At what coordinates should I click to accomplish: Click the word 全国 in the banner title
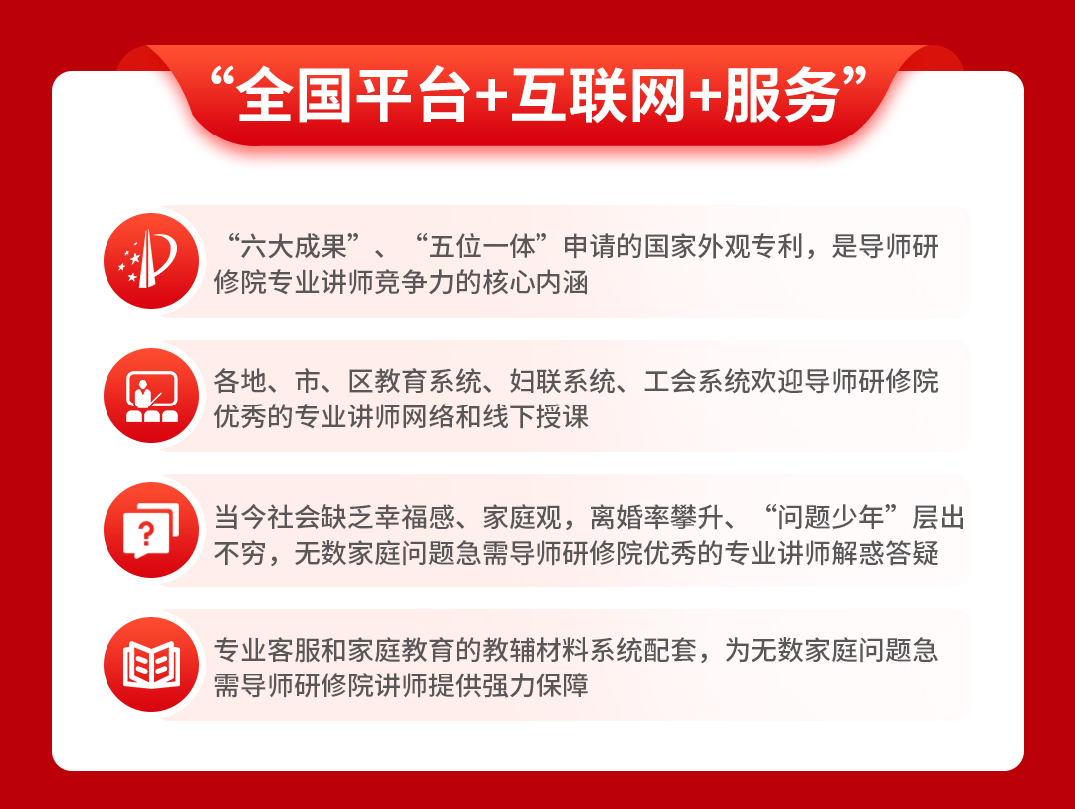293,96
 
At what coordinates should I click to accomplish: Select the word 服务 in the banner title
781,96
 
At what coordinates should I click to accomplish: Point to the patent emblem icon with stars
151,261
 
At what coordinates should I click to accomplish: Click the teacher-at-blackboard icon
151,396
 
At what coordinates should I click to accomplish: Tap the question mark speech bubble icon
151,530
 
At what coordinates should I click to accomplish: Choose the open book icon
151,665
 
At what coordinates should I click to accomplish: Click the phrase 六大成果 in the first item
294,247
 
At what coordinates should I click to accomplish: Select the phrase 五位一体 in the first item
482,247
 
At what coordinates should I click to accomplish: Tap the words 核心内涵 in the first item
536,283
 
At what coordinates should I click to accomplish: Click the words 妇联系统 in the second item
562,382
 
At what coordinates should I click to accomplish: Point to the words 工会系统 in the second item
697,382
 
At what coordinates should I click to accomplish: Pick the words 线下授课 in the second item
536,417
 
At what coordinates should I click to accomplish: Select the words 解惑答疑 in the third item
885,553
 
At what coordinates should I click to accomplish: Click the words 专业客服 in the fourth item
268,651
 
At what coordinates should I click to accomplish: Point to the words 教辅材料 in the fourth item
536,651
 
